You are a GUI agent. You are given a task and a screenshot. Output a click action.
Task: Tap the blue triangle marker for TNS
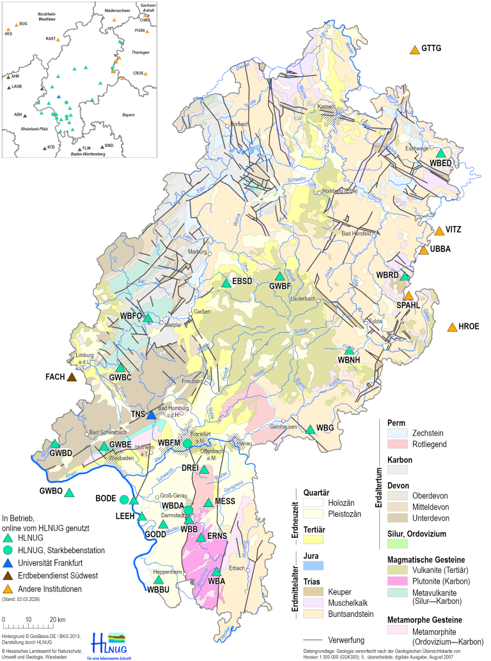point(152,415)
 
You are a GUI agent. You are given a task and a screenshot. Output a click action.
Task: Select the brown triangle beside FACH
point(72,377)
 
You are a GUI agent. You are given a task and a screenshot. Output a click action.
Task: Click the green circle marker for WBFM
point(187,443)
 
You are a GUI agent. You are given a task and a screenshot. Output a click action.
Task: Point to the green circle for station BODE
point(125,499)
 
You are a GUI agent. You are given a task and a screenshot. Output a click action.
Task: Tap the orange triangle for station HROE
point(452,328)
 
